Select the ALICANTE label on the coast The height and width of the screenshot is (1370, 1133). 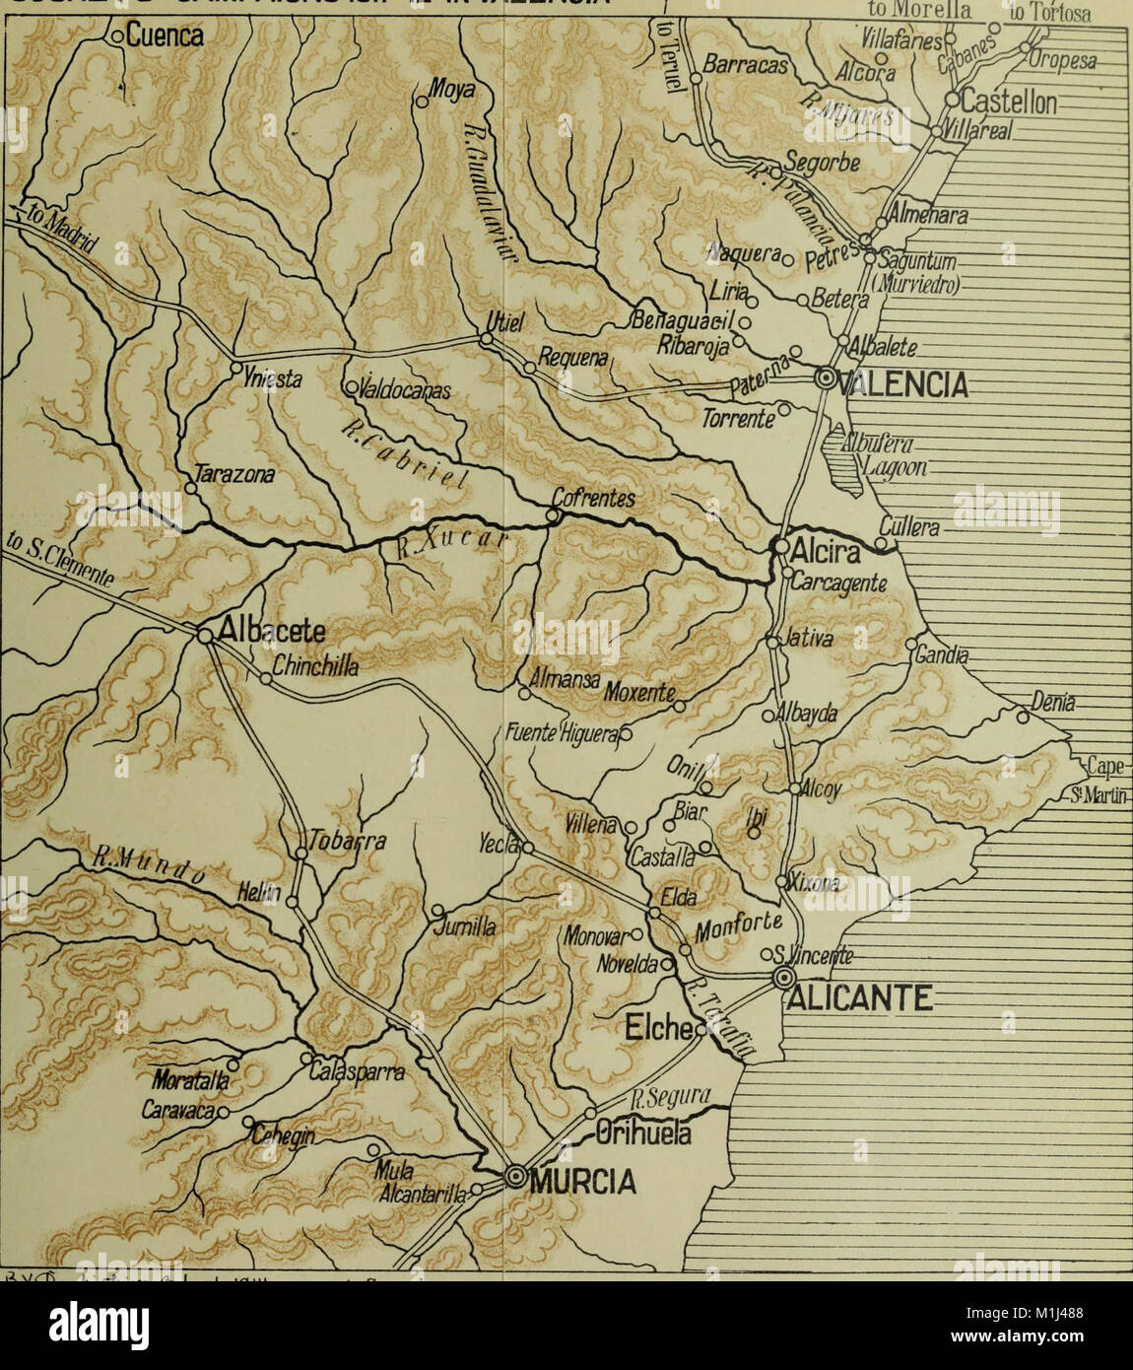click(x=859, y=999)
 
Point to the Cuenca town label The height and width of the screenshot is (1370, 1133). click(x=164, y=37)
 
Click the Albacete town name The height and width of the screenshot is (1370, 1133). click(x=269, y=631)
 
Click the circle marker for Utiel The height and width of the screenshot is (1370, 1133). click(x=486, y=339)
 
